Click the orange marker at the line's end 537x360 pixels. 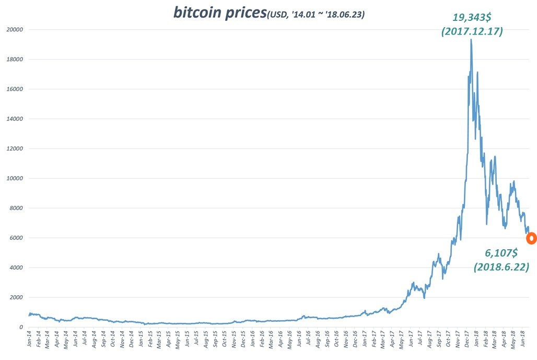tap(531, 238)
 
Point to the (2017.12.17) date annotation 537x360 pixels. tap(472, 31)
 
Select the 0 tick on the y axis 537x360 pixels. tap(21, 328)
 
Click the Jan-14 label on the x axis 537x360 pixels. tap(29, 340)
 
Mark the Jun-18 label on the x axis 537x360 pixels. tap(523, 340)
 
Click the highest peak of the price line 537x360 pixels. tap(471, 40)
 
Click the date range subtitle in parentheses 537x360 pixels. tap(316, 15)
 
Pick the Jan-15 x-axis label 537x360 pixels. tap(141, 340)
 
